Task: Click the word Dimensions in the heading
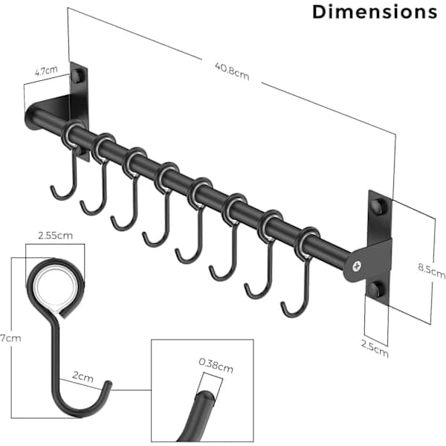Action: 375,12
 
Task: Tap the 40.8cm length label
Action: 232,71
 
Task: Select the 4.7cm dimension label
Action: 46,71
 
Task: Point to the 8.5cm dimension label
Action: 431,271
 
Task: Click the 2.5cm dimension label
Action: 375,348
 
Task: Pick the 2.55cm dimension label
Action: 56,236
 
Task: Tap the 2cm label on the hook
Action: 83,376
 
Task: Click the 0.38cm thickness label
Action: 216,365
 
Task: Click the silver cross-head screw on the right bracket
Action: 357,267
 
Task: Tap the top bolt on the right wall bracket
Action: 378,206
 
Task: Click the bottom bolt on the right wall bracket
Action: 378,288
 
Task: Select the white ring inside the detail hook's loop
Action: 56,288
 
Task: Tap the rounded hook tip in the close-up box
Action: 204,396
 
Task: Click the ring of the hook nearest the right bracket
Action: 308,242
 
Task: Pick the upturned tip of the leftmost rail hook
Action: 52,188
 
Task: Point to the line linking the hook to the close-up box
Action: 132,390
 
